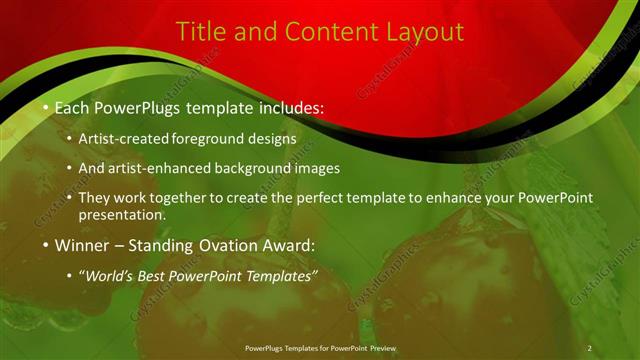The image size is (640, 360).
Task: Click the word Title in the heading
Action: pos(198,32)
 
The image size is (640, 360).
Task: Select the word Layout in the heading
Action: pos(419,32)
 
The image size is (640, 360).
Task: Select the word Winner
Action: pos(82,244)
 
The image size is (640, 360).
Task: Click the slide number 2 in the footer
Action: pos(589,347)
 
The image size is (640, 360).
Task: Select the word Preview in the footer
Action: pos(381,347)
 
